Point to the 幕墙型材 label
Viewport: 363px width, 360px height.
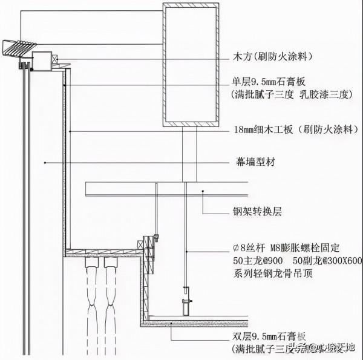252,162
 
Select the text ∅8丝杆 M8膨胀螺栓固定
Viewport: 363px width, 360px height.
283,247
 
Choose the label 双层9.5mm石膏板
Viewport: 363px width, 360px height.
269,336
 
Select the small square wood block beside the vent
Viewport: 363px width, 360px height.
44,61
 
